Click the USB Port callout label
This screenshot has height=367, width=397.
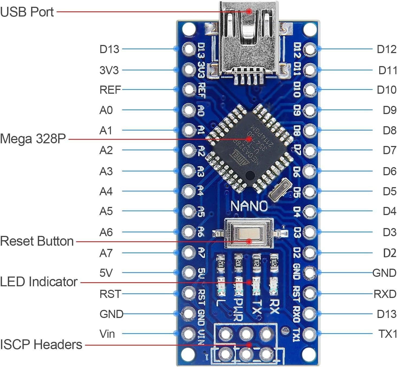pos(27,12)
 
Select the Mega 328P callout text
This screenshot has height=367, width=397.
pos(33,139)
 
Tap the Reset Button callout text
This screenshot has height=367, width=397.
pos(37,241)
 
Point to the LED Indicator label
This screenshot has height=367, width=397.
pos(39,282)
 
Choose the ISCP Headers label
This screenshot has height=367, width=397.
pos(41,345)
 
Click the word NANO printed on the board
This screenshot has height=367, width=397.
pos(249,206)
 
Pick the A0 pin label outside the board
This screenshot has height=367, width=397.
pos(106,110)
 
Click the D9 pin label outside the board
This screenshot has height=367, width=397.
pos(389,110)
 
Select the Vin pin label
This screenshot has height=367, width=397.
pos(107,334)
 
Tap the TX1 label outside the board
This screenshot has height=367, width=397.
pos(387,334)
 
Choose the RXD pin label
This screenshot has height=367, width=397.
pos(385,294)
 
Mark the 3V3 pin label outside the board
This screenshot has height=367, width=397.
pos(109,70)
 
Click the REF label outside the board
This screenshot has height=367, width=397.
pos(110,90)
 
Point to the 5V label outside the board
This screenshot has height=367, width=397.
pos(106,273)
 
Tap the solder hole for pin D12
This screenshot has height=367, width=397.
pos(310,49)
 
